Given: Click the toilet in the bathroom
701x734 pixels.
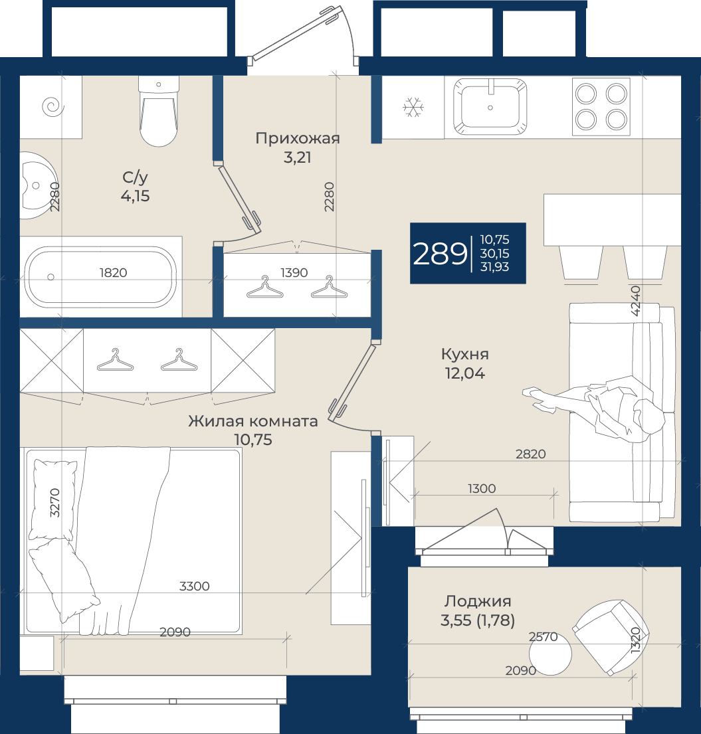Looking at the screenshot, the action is pyautogui.click(x=159, y=112).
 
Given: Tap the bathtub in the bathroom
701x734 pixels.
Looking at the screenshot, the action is pyautogui.click(x=100, y=277).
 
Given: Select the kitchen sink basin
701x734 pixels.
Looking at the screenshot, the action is pyautogui.click(x=490, y=107).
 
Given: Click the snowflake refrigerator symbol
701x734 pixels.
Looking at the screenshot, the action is pyautogui.click(x=413, y=107).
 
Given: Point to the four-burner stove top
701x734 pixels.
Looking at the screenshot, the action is pyautogui.click(x=601, y=107).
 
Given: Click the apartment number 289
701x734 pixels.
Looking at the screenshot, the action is pyautogui.click(x=440, y=254).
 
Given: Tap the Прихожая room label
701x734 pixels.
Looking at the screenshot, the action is pyautogui.click(x=298, y=139).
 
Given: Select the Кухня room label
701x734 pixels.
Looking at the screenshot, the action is pyautogui.click(x=465, y=354).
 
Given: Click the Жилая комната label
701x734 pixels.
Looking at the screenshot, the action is pyautogui.click(x=253, y=421).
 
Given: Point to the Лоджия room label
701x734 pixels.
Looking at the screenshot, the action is pyautogui.click(x=478, y=601).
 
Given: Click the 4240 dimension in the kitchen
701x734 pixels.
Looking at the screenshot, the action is pyautogui.click(x=635, y=301).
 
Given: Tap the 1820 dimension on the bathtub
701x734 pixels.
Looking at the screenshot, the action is pyautogui.click(x=114, y=272).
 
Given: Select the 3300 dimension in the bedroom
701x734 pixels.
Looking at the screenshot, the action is pyautogui.click(x=194, y=586).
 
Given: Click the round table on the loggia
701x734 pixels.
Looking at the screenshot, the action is pyautogui.click(x=550, y=654).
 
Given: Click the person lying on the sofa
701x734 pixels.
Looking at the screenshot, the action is pyautogui.click(x=595, y=407).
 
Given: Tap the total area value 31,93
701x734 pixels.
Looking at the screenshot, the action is pyautogui.click(x=494, y=267).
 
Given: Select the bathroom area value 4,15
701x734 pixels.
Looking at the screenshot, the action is pyautogui.click(x=136, y=196).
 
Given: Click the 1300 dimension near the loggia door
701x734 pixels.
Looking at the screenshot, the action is pyautogui.click(x=482, y=489).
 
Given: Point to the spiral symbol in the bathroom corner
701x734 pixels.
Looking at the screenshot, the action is pyautogui.click(x=52, y=106).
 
